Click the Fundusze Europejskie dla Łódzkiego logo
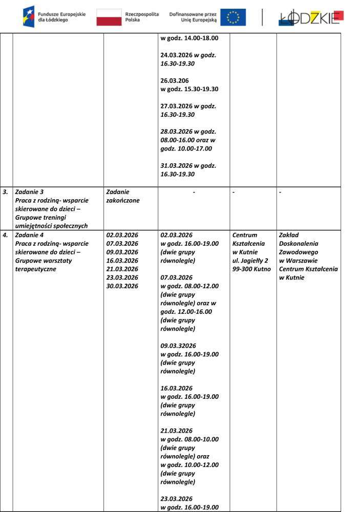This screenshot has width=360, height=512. [x=54, y=16]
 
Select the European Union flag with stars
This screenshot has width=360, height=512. [x=233, y=17]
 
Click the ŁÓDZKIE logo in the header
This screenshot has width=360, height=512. [x=311, y=17]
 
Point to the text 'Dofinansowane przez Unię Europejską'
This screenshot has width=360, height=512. [x=193, y=17]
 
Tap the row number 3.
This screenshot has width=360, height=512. [x=6, y=193]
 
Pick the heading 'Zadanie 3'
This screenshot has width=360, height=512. [x=29, y=193]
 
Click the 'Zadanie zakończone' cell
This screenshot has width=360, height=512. [x=123, y=196]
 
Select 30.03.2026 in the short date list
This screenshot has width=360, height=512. [x=122, y=286]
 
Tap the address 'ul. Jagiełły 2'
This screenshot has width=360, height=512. [x=250, y=261]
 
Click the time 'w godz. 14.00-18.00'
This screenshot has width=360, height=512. [x=189, y=38]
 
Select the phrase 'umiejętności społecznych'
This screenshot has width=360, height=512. [x=51, y=226]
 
